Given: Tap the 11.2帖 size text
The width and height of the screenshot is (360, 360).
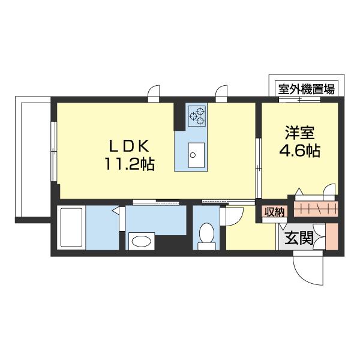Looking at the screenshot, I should (x=131, y=164).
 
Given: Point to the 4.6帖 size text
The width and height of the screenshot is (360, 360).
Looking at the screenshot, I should (x=298, y=151).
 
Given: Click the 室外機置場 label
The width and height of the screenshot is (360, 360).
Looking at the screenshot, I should (x=306, y=89).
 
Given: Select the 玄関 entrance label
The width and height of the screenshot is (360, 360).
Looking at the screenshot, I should (x=298, y=238).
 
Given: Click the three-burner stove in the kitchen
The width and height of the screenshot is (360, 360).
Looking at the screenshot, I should (x=196, y=115).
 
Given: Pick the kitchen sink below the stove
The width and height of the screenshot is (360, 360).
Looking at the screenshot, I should (x=194, y=154).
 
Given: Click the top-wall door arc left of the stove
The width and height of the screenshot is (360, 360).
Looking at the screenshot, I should (x=154, y=93).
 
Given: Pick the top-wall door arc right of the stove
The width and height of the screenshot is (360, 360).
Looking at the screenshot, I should (x=223, y=93).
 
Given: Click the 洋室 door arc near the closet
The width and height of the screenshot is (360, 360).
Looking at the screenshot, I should (x=327, y=193).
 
